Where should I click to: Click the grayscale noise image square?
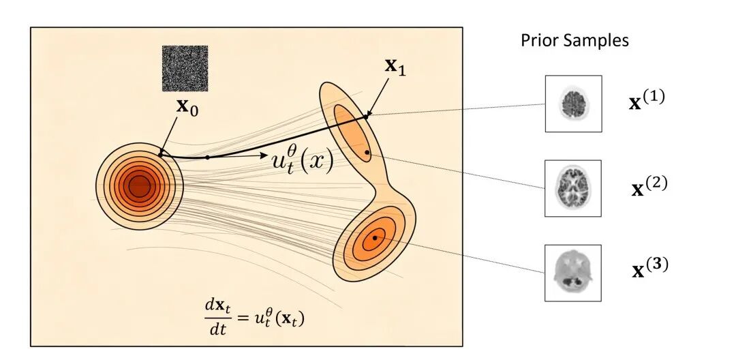coord(185,69)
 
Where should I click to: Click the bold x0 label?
coord(187,107)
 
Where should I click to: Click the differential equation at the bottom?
coord(254,317)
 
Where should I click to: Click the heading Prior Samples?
coord(574,40)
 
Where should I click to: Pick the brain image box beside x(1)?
coord(573,104)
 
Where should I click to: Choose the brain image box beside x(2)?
coord(572,188)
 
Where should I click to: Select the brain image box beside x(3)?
coord(572,273)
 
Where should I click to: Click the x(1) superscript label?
coord(647,100)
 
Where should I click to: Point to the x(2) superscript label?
coord(649,186)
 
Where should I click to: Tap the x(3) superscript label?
coord(650,268)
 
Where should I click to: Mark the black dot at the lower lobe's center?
coord(375,238)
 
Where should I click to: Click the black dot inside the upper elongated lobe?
coord(367,153)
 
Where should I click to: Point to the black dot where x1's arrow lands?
coord(366,115)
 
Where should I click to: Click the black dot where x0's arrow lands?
coord(161,154)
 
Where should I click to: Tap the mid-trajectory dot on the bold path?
coord(208,157)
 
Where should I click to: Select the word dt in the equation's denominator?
coord(217,329)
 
